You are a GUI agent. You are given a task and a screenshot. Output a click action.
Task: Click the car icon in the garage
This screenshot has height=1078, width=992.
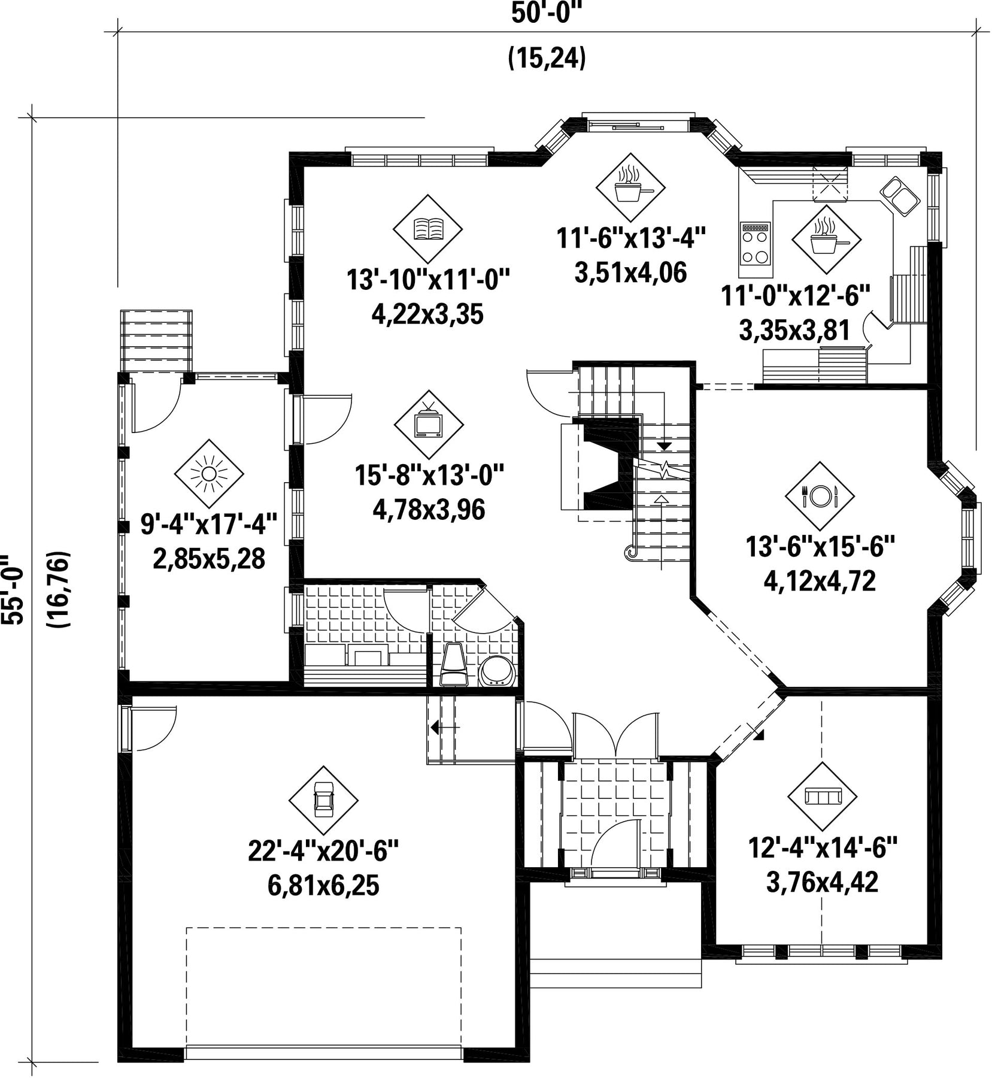tap(323, 800)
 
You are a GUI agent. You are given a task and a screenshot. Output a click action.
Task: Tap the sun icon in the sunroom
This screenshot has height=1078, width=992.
tap(208, 474)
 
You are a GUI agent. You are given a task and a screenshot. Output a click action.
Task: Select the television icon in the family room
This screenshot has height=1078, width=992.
tap(429, 423)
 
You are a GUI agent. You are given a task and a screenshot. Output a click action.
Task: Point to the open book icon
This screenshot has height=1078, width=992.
tap(428, 228)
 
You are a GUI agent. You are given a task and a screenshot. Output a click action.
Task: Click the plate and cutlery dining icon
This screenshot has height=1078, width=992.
tap(820, 495)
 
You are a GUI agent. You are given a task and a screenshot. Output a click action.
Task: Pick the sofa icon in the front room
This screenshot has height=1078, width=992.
tap(823, 797)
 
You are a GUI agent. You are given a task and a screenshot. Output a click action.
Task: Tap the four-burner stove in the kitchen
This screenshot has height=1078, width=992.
tap(755, 244)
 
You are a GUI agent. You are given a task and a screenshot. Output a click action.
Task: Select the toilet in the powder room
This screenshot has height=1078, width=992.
tap(454, 665)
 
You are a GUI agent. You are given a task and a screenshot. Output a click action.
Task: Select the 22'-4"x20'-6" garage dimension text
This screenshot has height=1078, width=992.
tap(323, 851)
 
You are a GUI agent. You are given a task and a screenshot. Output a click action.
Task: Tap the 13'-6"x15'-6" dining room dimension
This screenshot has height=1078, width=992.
tap(820, 547)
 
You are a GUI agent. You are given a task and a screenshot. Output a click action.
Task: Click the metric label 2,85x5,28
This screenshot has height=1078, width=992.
tap(209, 559)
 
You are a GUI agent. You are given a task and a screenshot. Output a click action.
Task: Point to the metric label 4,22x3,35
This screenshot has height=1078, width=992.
tap(427, 314)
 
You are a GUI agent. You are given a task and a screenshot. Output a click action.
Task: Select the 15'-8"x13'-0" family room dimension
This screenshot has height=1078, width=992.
tap(429, 476)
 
